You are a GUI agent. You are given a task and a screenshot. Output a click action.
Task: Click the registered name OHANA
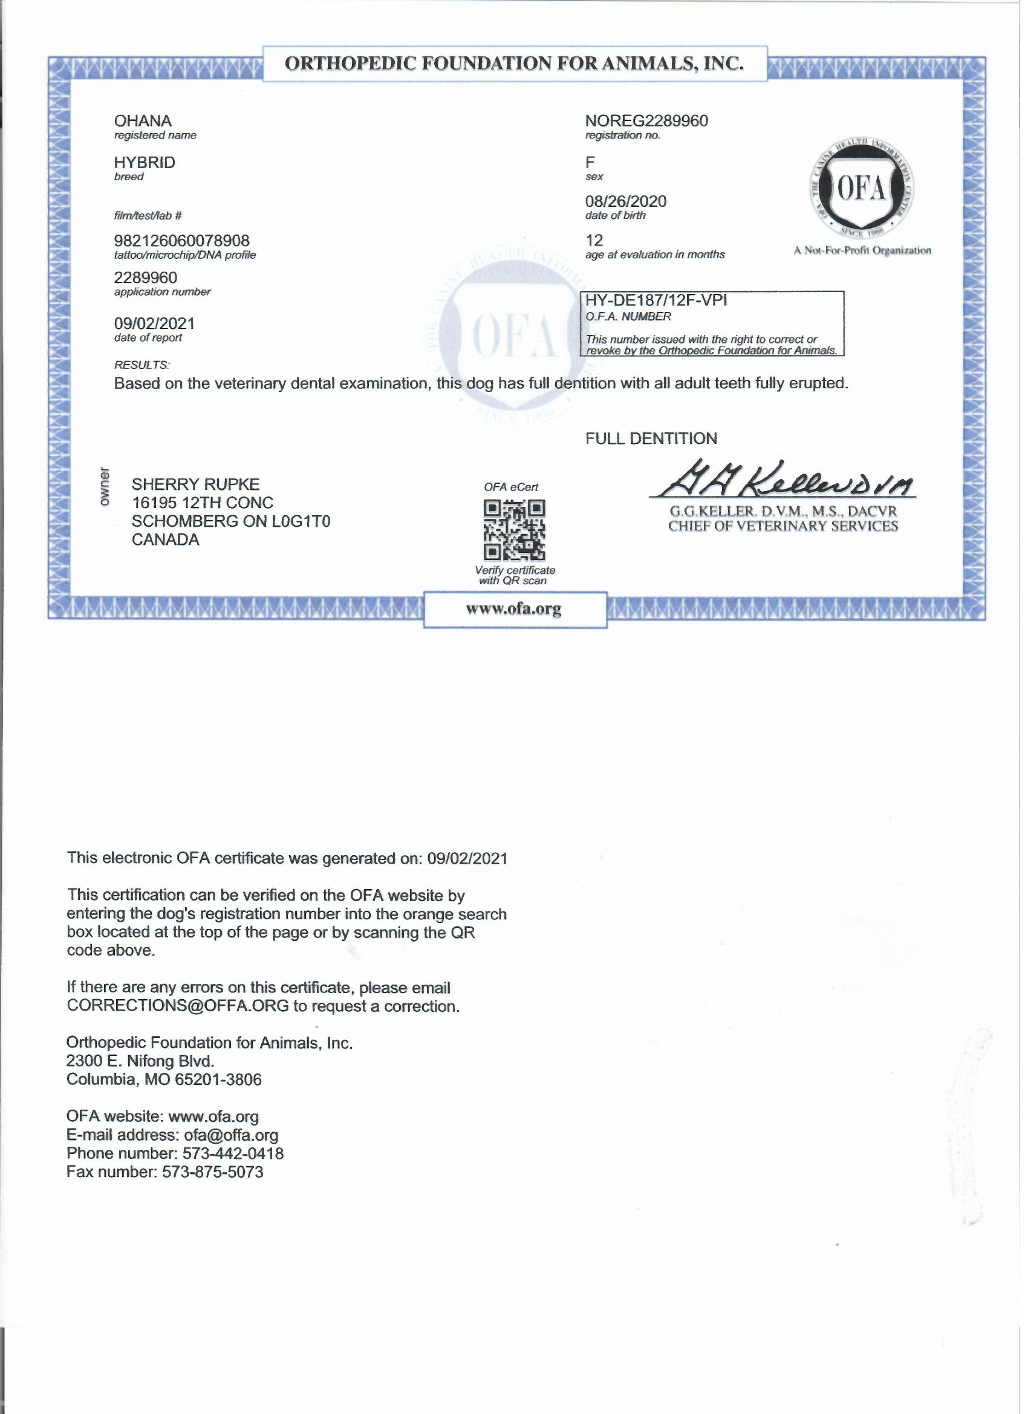tap(143, 121)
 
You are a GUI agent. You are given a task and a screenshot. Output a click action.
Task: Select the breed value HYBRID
tap(145, 163)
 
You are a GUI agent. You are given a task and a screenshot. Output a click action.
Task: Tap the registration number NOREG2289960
tap(646, 121)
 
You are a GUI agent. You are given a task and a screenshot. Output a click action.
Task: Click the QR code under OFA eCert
tap(515, 530)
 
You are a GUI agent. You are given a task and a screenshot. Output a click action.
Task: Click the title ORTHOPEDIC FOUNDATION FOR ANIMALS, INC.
tap(515, 64)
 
